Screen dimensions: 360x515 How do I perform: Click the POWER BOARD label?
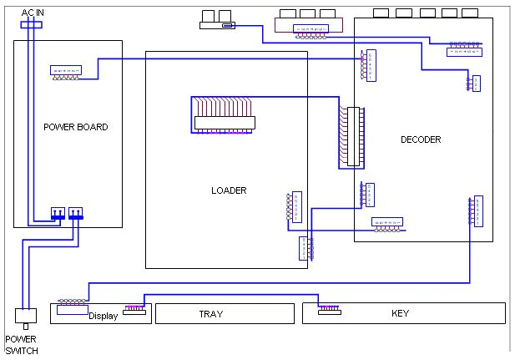(x=76, y=127)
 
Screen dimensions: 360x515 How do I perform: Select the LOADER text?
(x=229, y=190)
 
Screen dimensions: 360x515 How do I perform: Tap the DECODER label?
(x=421, y=139)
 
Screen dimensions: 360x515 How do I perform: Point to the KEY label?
(x=401, y=314)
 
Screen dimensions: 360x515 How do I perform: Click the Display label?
(x=103, y=316)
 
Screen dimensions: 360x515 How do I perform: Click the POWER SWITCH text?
(x=22, y=344)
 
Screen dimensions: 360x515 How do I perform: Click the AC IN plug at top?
(x=32, y=25)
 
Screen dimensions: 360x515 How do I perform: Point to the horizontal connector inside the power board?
(x=67, y=71)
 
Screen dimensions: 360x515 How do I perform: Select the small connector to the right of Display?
(x=133, y=307)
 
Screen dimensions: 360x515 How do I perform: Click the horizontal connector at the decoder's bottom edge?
(x=386, y=222)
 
